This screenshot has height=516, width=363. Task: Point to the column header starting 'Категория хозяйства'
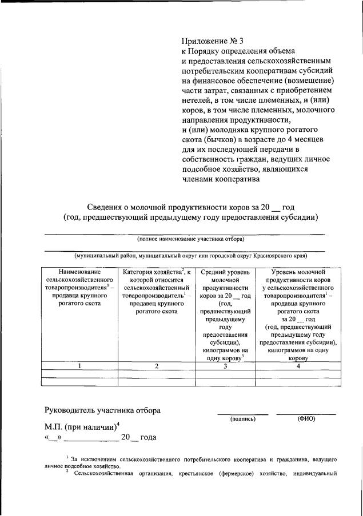coord(156,292)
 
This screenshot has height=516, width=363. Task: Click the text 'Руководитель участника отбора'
coord(103,410)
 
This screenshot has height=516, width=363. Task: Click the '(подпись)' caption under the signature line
coord(243,419)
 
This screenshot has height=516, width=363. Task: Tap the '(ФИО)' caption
coord(306,419)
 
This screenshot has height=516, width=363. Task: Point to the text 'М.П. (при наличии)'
coord(80,426)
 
